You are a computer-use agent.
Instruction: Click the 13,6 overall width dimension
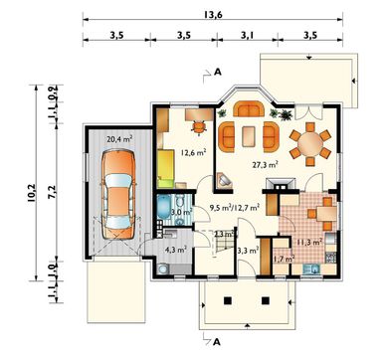coord(214,15)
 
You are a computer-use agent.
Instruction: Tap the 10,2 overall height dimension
coord(32,192)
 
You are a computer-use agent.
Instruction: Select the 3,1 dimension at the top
coord(247,35)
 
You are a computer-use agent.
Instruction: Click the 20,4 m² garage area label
coord(119,139)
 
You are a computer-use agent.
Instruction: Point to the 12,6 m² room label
coord(194,152)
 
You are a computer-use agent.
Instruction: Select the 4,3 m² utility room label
coord(175,250)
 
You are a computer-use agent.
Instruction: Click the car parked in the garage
coord(118,194)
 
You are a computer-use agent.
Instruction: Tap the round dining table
coord(310,144)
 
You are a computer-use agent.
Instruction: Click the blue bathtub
coord(164,207)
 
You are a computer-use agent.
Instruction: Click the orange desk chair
coord(198,127)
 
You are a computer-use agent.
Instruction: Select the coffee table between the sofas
coord(249,136)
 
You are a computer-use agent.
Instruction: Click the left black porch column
coord(228,300)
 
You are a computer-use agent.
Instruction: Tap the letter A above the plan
coord(218,72)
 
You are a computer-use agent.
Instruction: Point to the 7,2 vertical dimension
coord(54,192)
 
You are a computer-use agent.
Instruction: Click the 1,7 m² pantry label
coord(285,259)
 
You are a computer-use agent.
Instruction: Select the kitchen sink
coord(311,269)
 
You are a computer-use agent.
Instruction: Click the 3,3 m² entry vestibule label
coord(249,251)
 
